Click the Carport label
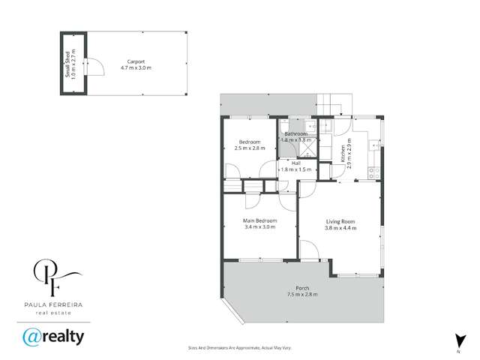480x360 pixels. click(x=136, y=62)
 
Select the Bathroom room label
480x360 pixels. click(x=295, y=133)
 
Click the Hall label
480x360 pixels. click(x=295, y=163)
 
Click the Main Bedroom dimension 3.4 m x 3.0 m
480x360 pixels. click(x=259, y=226)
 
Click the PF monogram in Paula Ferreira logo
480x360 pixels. click(x=52, y=276)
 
